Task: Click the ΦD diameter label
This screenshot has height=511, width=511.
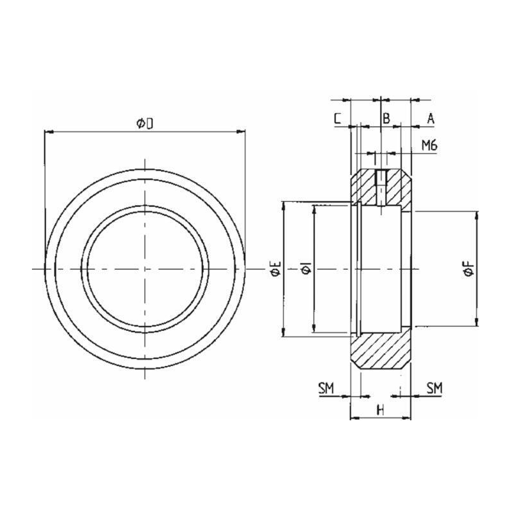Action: [145, 123]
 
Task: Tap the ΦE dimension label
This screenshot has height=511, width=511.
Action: [276, 269]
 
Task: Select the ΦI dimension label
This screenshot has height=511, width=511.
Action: [307, 269]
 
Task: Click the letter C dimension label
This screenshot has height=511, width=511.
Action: [338, 118]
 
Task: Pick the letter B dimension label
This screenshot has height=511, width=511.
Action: [386, 118]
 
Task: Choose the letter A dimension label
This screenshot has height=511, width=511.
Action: [431, 119]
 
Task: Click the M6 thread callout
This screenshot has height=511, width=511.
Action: [429, 146]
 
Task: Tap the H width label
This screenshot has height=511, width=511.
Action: [380, 410]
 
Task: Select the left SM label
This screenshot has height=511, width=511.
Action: [326, 388]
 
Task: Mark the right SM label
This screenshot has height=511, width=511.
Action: [435, 388]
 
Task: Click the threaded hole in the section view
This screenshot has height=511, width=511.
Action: [381, 188]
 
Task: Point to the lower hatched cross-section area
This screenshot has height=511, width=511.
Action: [381, 351]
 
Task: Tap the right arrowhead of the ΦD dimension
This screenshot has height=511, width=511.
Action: [241, 132]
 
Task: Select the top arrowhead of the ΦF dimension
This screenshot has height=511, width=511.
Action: [477, 215]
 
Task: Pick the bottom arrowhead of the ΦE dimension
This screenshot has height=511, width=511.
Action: [284, 332]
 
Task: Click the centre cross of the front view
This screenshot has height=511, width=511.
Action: [145, 269]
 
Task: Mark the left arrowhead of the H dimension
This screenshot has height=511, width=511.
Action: [355, 418]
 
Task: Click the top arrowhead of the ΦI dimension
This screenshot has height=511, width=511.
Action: [314, 210]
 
